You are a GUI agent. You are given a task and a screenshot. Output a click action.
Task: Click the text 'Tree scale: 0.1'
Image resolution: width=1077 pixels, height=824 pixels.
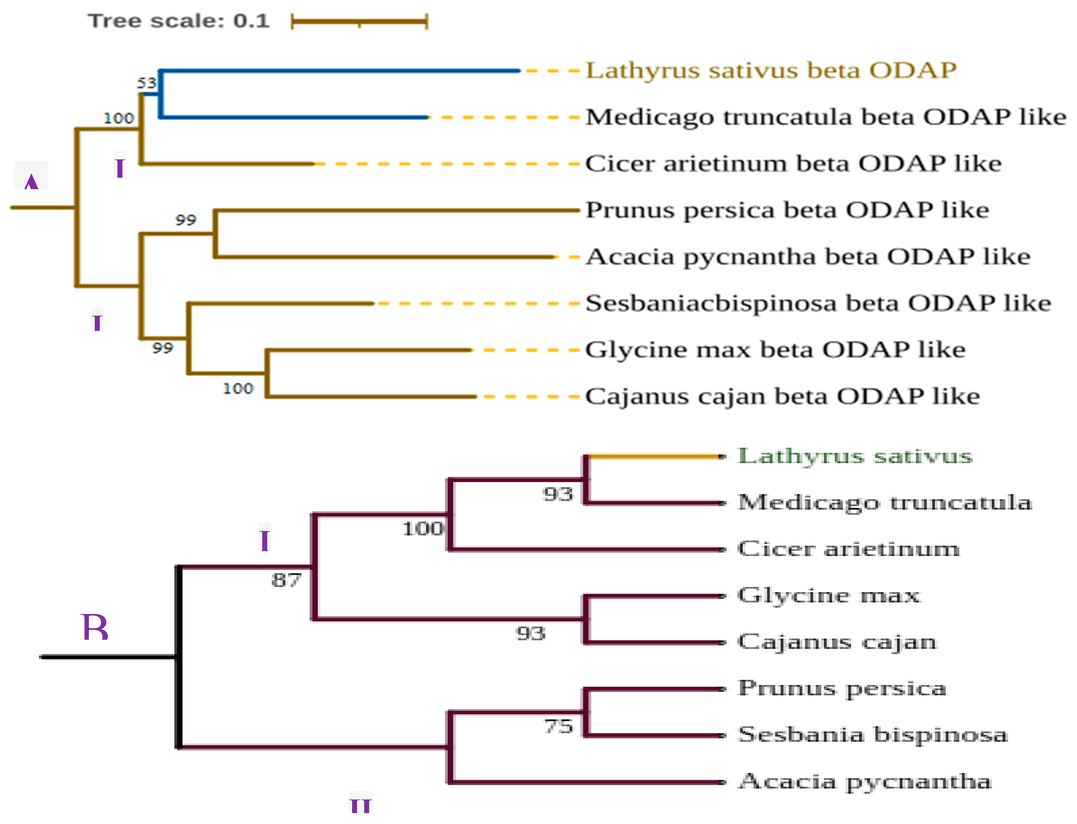[179, 21]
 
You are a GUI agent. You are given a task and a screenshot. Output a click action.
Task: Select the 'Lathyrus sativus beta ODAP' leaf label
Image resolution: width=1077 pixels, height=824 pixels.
[771, 71]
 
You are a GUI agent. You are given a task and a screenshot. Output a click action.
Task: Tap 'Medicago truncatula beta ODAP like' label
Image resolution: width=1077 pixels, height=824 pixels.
[826, 117]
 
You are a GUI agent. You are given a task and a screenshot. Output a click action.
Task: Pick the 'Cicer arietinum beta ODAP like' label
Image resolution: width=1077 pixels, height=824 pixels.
[793, 163]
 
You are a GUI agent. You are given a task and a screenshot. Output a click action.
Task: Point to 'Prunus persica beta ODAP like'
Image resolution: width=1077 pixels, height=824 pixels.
[787, 210]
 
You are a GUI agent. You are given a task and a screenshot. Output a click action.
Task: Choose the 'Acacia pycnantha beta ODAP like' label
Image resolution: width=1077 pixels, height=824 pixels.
[808, 257]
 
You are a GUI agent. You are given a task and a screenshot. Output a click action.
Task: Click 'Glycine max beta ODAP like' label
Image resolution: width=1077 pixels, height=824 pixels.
[775, 350]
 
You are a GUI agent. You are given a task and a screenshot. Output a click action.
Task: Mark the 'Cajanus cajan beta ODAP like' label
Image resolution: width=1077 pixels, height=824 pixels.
[782, 396]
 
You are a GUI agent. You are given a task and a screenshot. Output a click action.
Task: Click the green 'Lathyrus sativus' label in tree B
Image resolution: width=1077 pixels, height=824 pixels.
[855, 456]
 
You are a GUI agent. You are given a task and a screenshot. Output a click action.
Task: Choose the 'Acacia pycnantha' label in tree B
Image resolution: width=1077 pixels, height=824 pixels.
[865, 781]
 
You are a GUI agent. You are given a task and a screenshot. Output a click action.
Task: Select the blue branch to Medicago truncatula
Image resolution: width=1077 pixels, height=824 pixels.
[294, 117]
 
